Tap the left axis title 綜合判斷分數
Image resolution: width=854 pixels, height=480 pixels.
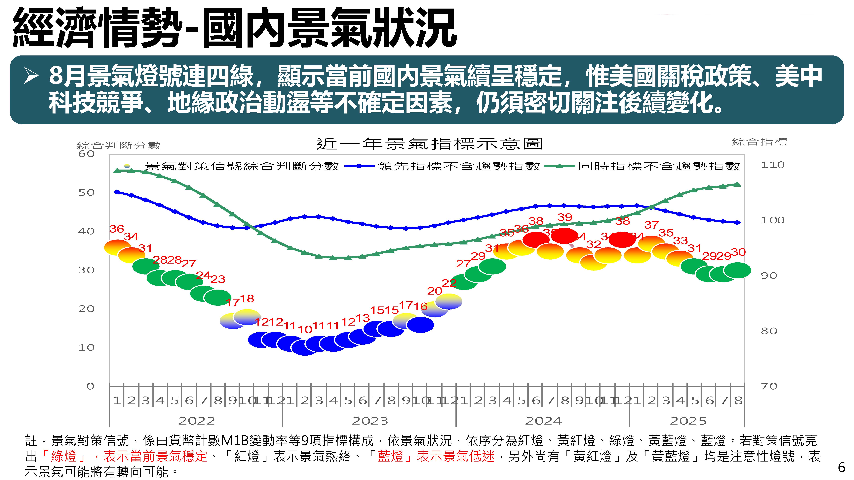tap(119, 145)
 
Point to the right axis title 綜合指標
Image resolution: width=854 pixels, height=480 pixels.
tap(759, 142)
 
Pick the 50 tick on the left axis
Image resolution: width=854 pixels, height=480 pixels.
tap(86, 193)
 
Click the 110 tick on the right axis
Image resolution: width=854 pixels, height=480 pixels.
tap(772, 165)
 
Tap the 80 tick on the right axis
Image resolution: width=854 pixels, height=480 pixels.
tap(768, 331)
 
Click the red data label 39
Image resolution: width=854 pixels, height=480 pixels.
tap(565, 217)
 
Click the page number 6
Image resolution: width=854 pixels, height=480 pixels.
tap(841, 467)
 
